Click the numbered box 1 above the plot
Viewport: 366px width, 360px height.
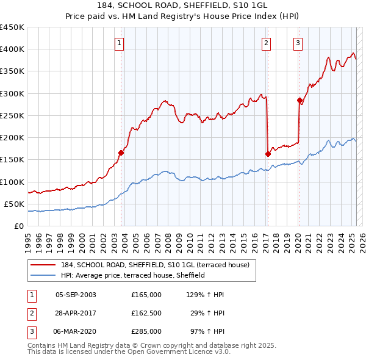118,43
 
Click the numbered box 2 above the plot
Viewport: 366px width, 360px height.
267,43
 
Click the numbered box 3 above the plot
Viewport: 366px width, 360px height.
298,43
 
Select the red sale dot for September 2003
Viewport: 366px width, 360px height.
121,153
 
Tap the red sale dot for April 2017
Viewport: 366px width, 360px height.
268,154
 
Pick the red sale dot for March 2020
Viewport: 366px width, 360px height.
300,101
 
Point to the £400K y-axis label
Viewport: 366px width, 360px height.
12,49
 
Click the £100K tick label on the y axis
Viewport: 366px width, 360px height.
12,182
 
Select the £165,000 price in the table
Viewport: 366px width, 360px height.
146,295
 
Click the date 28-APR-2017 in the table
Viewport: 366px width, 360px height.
76,313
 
